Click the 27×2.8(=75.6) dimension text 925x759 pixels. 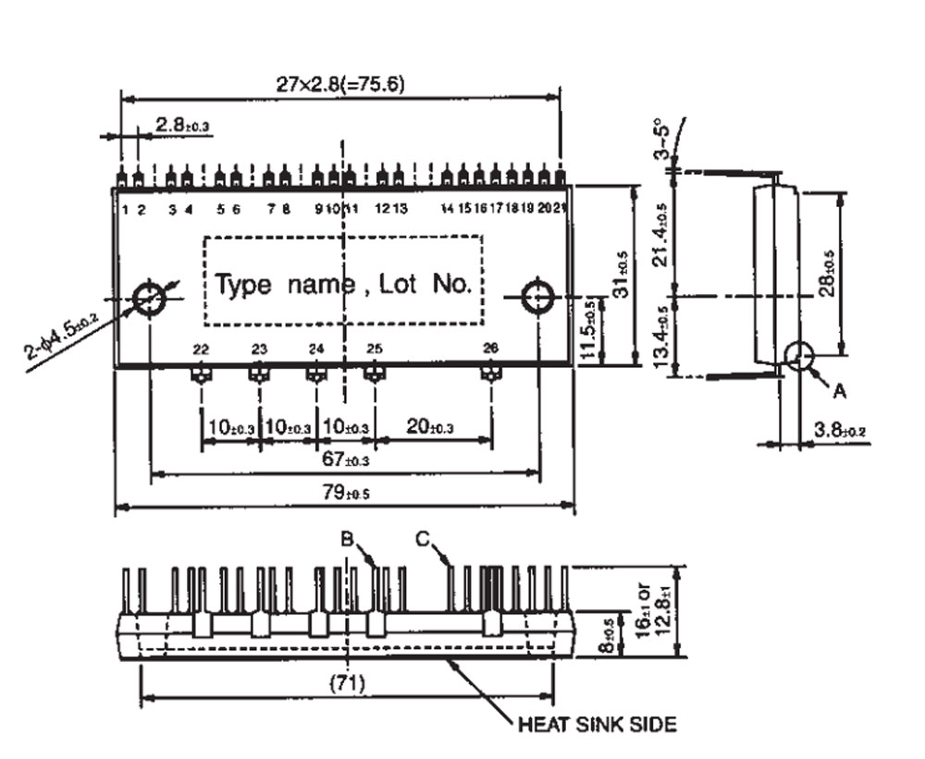pyautogui.click(x=340, y=84)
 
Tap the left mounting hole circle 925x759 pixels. pyautogui.click(x=148, y=298)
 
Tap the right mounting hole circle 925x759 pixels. pyautogui.click(x=538, y=298)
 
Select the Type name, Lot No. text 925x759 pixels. pyautogui.click(x=343, y=284)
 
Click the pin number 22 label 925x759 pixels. pyautogui.click(x=201, y=349)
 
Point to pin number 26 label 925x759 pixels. pyautogui.click(x=490, y=349)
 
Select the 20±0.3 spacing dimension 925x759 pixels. pyautogui.click(x=431, y=427)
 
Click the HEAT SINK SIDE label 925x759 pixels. pyautogui.click(x=597, y=724)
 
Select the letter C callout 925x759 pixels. pyautogui.click(x=424, y=539)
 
